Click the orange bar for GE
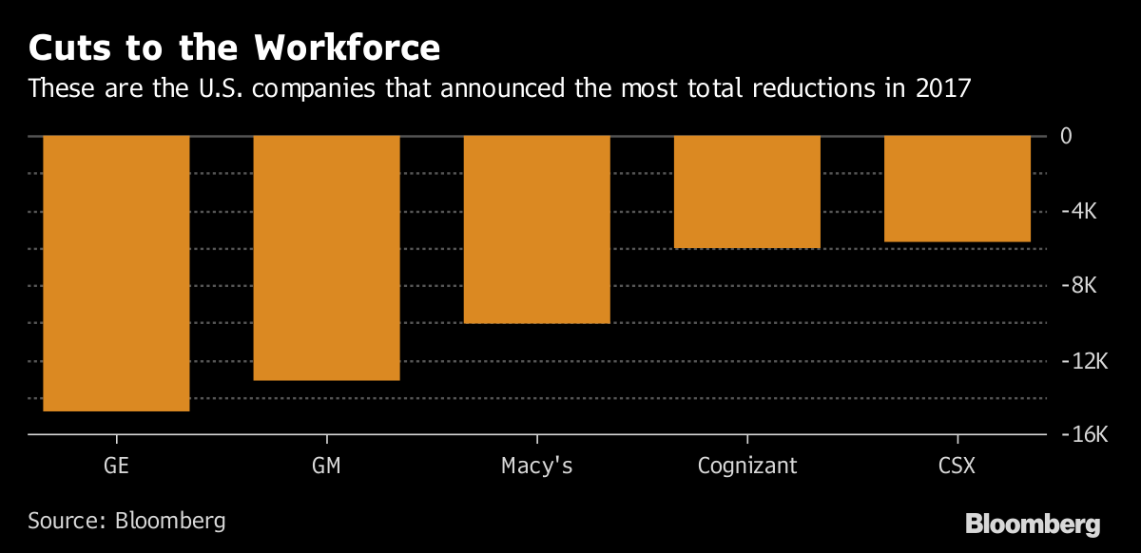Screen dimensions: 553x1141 (116, 274)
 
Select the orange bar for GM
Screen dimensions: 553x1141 (326, 257)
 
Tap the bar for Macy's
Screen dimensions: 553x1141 (536, 229)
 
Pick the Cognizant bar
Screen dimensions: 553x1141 (746, 192)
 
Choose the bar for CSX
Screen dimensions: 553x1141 (957, 189)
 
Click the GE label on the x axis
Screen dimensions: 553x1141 (116, 467)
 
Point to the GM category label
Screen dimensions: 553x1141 (326, 467)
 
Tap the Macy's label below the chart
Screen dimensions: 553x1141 (536, 467)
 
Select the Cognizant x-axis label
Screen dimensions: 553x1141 (746, 467)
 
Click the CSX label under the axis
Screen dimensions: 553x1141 (957, 467)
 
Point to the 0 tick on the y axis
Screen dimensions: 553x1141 (1067, 136)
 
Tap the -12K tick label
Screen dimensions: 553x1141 (1082, 361)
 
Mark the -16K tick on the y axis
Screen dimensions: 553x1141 (1082, 435)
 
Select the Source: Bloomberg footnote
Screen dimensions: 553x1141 (126, 521)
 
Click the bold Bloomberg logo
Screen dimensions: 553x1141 (1033, 524)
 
